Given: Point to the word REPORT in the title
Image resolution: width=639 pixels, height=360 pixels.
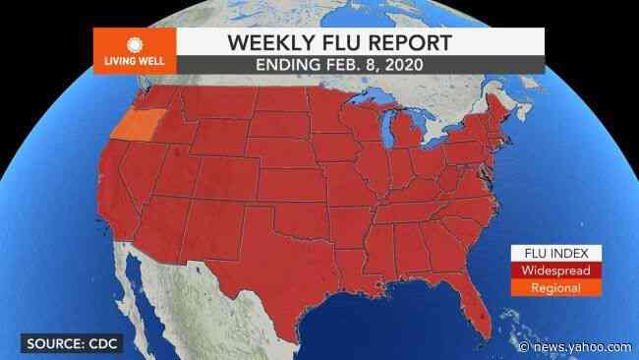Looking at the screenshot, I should pyautogui.click(x=405, y=42).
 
